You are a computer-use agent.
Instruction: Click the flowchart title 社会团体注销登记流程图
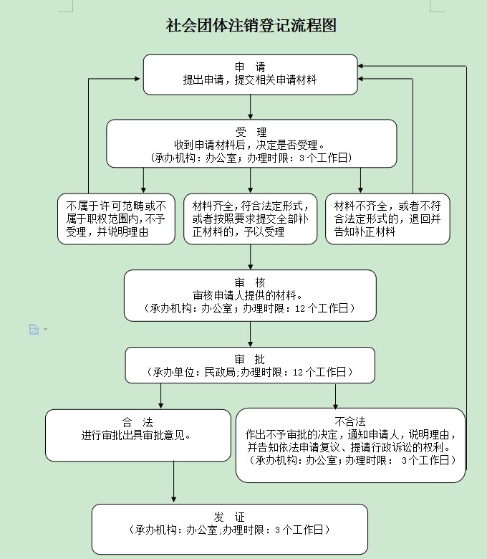251,26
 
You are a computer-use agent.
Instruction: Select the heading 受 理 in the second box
251,132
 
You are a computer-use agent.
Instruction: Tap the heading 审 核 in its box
249,282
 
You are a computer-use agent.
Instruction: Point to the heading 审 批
249,359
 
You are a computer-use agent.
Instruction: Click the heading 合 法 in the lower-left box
138,421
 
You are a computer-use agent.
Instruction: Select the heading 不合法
350,421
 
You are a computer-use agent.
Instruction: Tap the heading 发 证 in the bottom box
229,517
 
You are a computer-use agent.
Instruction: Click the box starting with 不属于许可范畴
117,219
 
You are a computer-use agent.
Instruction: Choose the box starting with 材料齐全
250,219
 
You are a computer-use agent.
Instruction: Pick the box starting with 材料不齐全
387,219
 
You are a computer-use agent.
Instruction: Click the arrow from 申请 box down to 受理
250,107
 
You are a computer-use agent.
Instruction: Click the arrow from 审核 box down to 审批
250,334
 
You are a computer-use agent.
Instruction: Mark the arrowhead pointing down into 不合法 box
335,405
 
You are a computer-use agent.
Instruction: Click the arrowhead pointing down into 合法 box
161,405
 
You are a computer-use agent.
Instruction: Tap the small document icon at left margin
34,329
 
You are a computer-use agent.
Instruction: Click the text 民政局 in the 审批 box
221,372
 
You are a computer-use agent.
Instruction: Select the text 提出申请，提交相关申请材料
250,81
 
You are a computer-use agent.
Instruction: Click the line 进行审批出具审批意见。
138,434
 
